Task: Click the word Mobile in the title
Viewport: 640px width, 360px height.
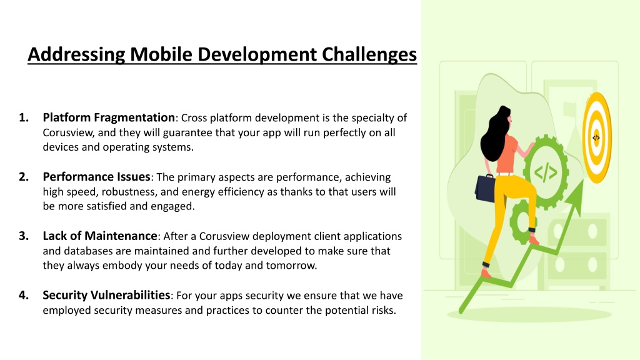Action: coord(161,54)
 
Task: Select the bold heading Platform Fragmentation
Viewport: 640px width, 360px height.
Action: coord(109,117)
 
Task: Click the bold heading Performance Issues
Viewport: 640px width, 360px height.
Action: coord(97,177)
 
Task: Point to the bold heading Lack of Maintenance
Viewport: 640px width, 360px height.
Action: coord(100,236)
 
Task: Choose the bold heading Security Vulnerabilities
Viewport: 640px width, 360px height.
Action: coord(106,295)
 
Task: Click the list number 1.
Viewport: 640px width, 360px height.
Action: coord(24,117)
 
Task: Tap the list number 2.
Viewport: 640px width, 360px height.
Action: coord(24,177)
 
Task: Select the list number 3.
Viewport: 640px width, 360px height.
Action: coord(24,236)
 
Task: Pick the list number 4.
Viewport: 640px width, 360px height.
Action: coord(24,295)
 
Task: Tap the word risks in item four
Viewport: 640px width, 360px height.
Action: coord(384,310)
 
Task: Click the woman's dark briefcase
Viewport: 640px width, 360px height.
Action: coord(485,187)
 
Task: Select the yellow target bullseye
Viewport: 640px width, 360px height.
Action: coord(596,137)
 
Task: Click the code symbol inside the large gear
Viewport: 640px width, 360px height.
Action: coord(546,172)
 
